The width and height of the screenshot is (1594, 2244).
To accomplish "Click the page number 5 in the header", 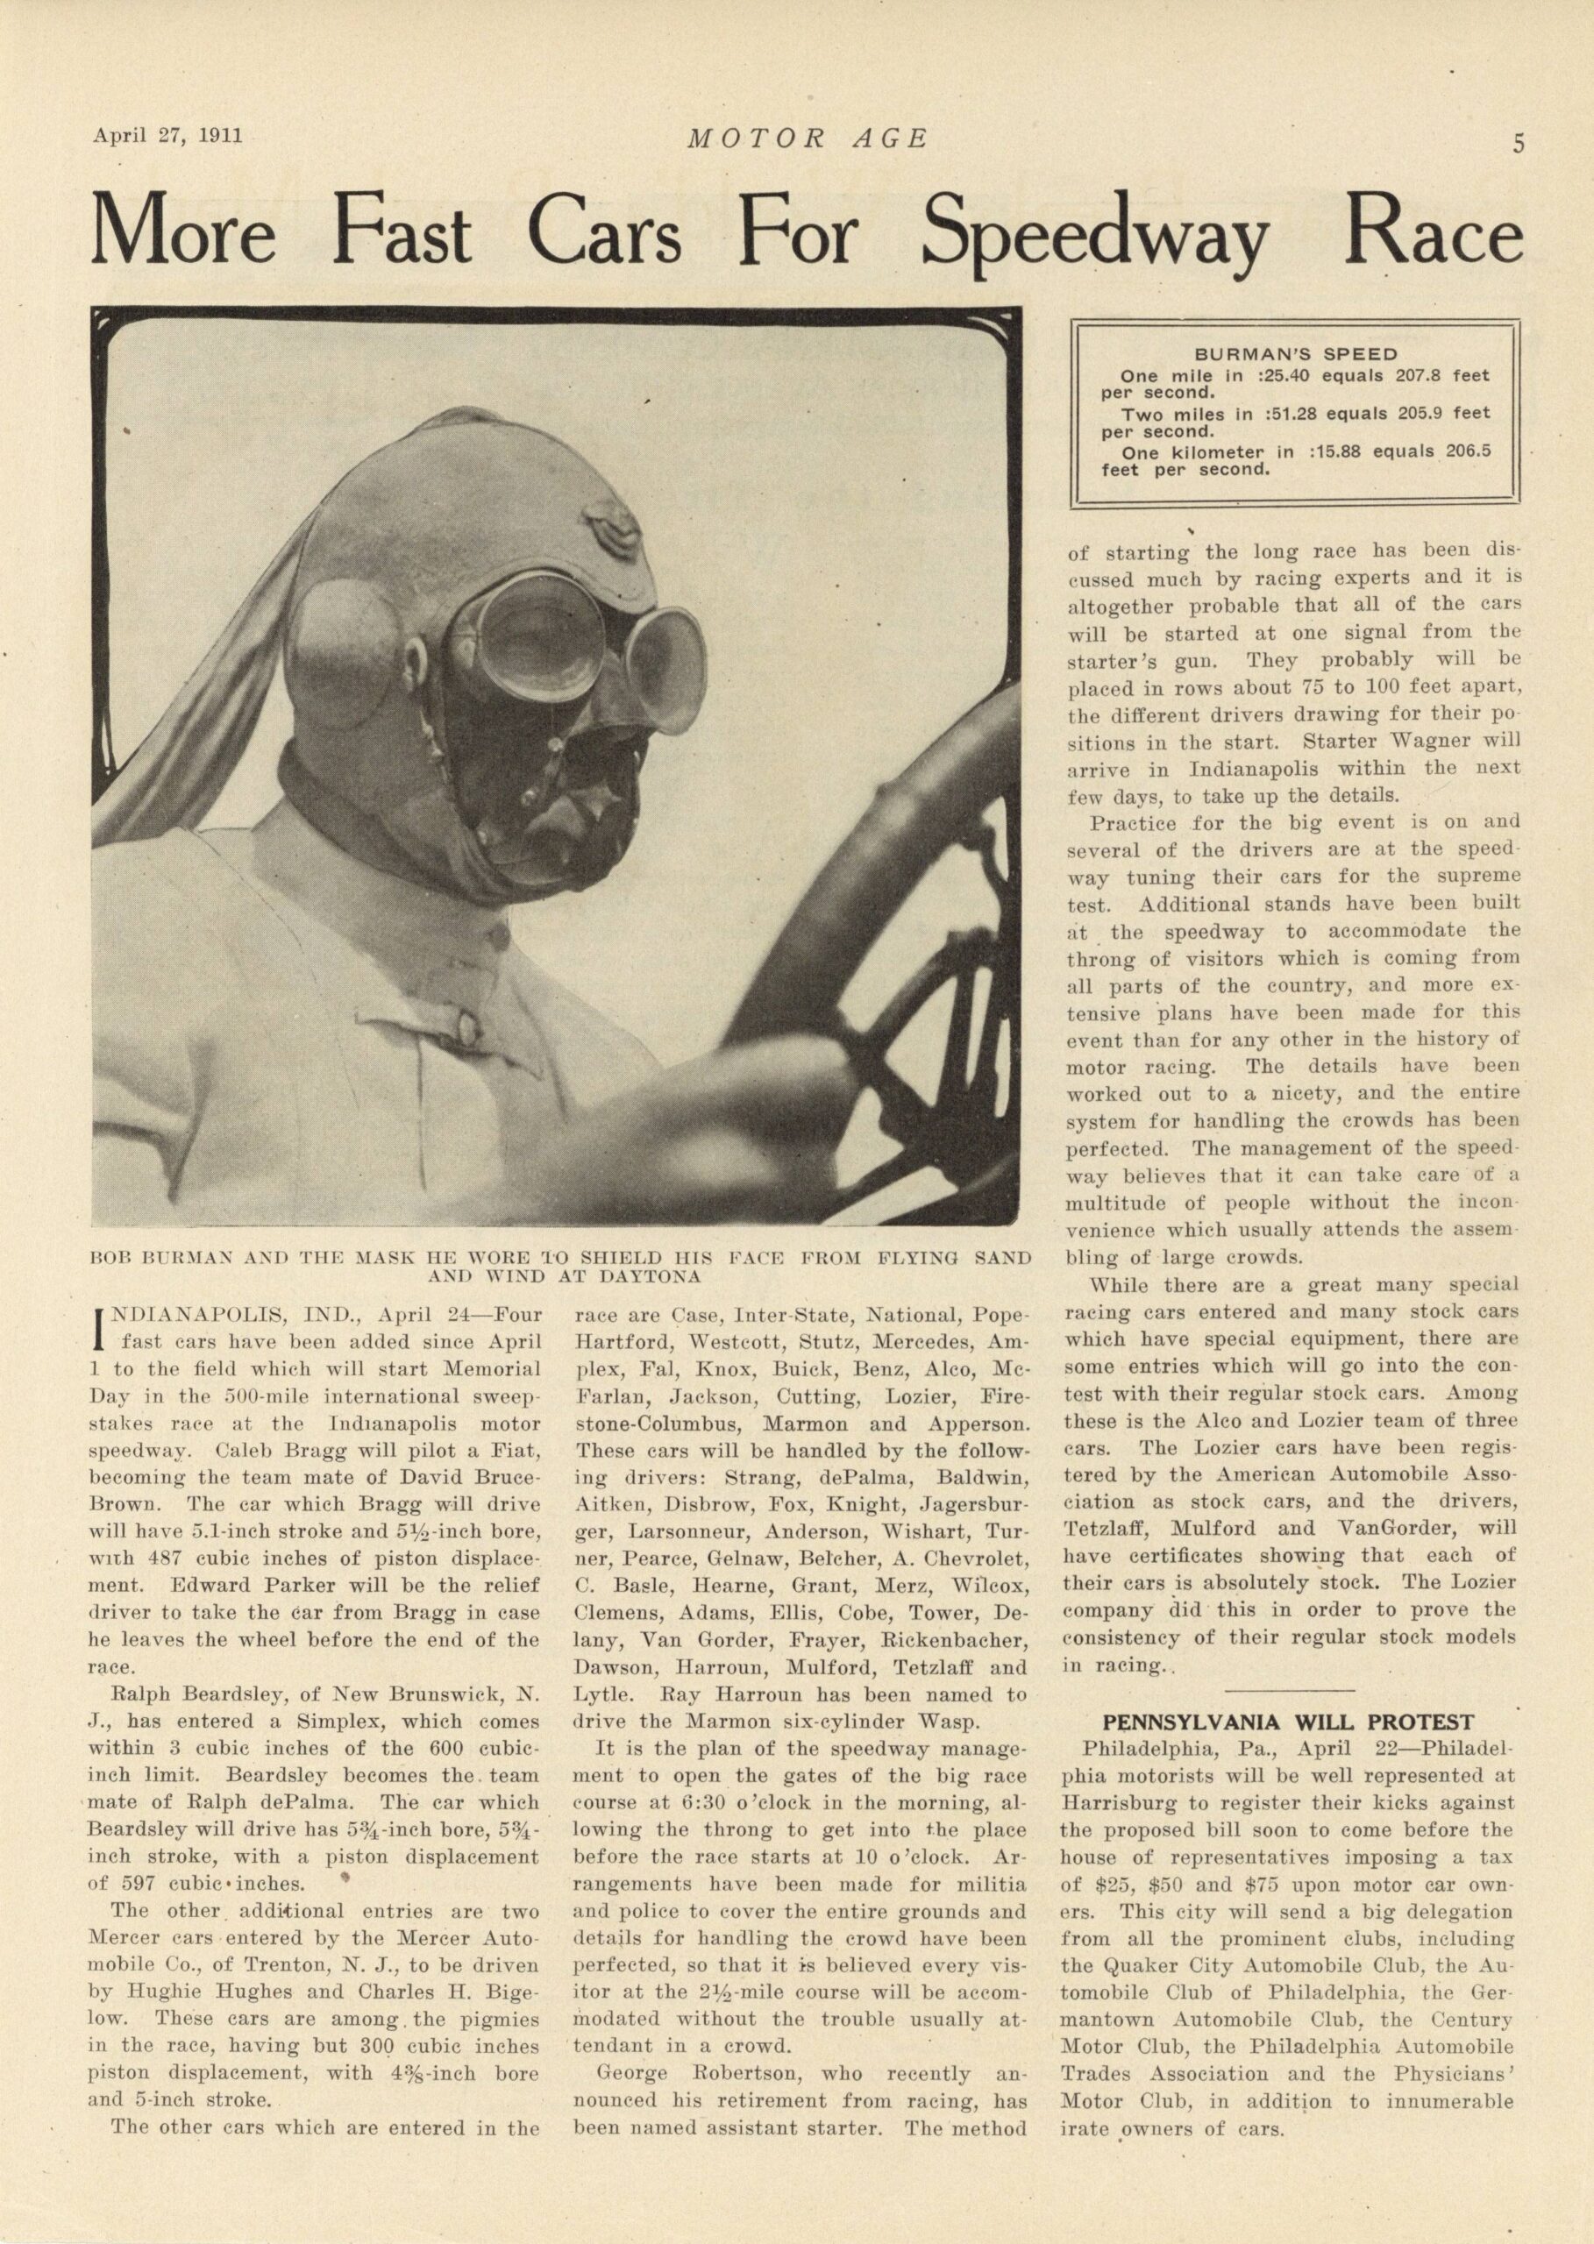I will (x=1518, y=145).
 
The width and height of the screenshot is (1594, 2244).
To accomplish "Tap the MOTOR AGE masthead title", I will (x=807, y=139).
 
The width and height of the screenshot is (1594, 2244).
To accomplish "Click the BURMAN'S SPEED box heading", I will (x=1295, y=354).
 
